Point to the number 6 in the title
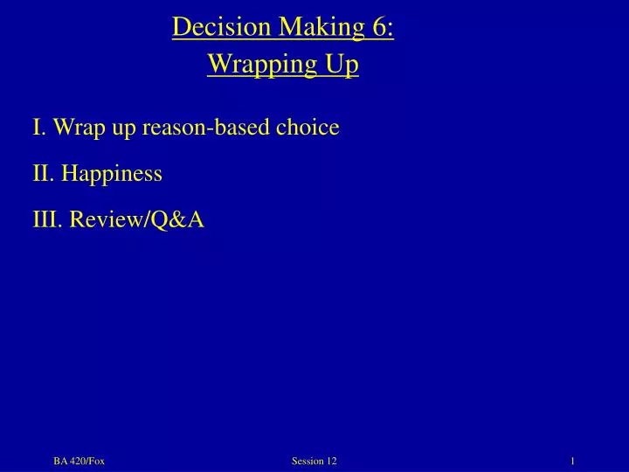click(x=382, y=28)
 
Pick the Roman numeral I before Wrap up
click(x=38, y=128)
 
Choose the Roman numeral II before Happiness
click(x=42, y=174)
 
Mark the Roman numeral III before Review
click(x=45, y=220)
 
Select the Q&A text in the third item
click(x=177, y=220)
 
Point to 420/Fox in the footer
click(x=87, y=461)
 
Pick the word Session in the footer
click(x=307, y=461)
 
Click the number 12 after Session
click(x=333, y=461)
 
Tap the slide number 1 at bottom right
click(x=571, y=461)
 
